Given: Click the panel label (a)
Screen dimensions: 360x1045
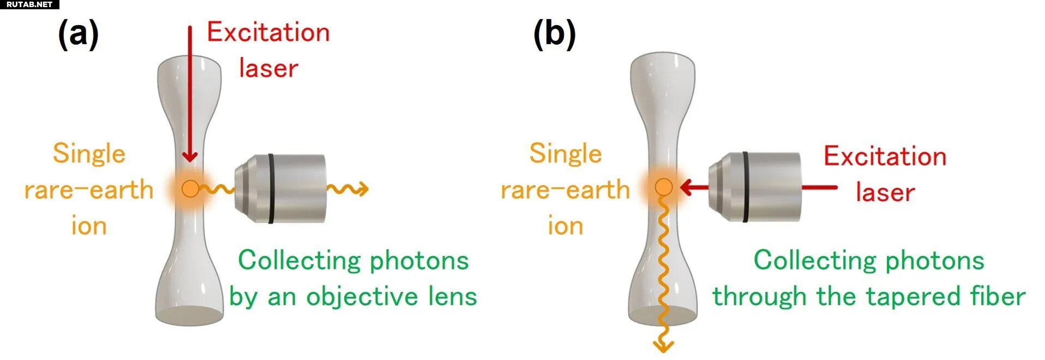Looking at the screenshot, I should pyautogui.click(x=78, y=34).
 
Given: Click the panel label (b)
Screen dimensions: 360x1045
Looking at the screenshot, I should pyautogui.click(x=554, y=34).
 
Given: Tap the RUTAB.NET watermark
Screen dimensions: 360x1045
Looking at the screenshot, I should pyautogui.click(x=29, y=4).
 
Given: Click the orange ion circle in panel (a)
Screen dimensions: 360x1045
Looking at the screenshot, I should pyautogui.click(x=190, y=189).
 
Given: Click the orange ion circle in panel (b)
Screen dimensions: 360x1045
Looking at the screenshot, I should pyautogui.click(x=663, y=187).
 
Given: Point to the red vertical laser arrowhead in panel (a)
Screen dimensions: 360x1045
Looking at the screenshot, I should pyautogui.click(x=190, y=155).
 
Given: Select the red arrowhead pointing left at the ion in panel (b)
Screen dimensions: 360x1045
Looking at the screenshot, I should pyautogui.click(x=686, y=188).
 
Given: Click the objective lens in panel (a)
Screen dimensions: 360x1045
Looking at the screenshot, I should pyautogui.click(x=284, y=188).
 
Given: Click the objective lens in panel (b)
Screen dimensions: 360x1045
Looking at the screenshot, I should pyautogui.click(x=758, y=187).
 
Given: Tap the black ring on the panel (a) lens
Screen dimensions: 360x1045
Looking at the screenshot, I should pyautogui.click(x=271, y=188).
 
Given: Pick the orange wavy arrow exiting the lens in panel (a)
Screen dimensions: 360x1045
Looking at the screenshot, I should pyautogui.click(x=349, y=189).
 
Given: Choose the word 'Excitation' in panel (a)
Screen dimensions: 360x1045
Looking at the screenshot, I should pyautogui.click(x=268, y=33).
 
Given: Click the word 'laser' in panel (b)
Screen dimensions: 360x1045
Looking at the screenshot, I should pyautogui.click(x=885, y=193).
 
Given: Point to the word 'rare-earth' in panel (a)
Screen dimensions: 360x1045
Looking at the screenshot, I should pyautogui.click(x=89, y=190).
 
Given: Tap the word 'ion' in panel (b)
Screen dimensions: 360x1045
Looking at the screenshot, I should pyautogui.click(x=566, y=226).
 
